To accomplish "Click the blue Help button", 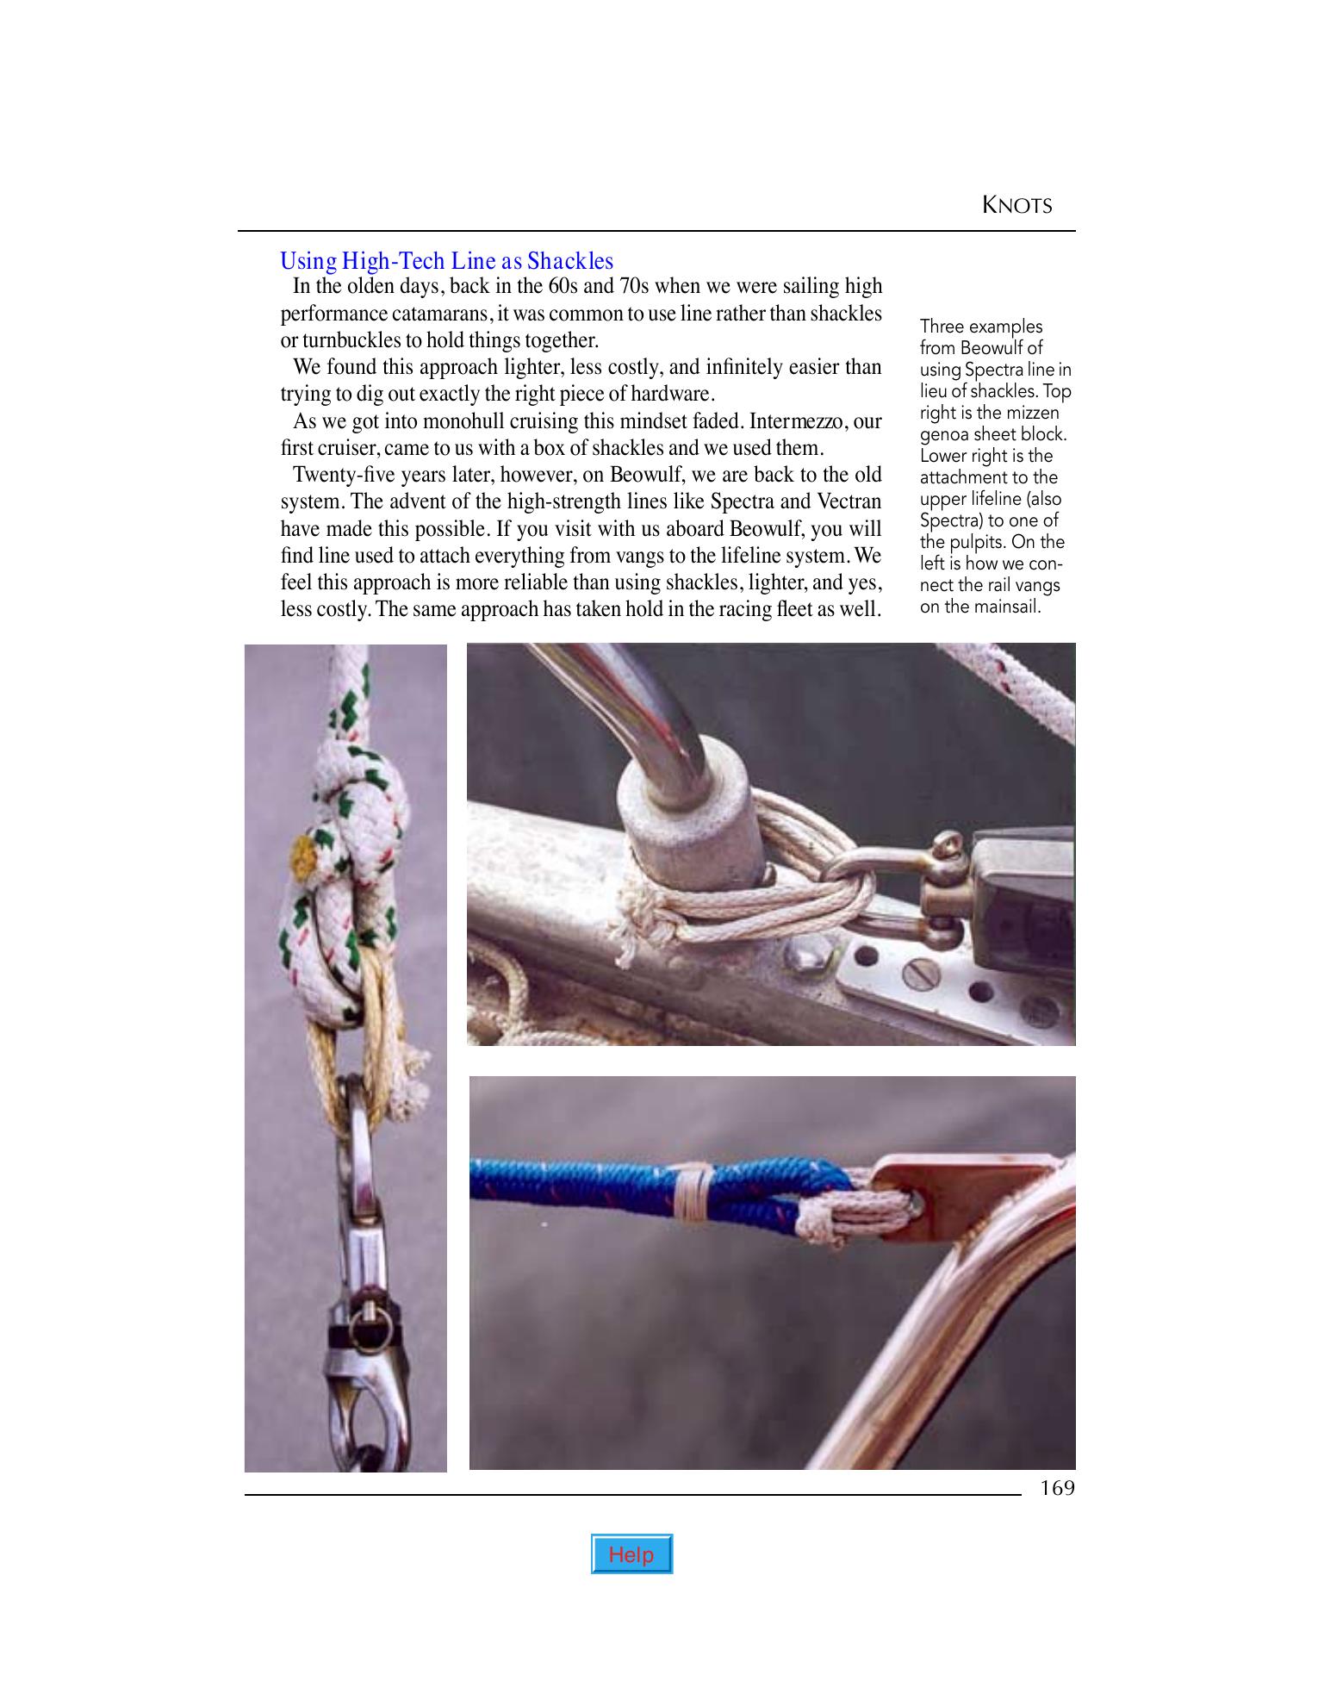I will [x=631, y=1554].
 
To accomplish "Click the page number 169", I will [x=1057, y=1488].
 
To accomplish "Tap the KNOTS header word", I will [x=1017, y=206].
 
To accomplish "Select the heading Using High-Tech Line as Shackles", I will [x=446, y=260].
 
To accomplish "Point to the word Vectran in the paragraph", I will [x=849, y=501].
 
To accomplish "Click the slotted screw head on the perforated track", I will [x=915, y=975].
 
